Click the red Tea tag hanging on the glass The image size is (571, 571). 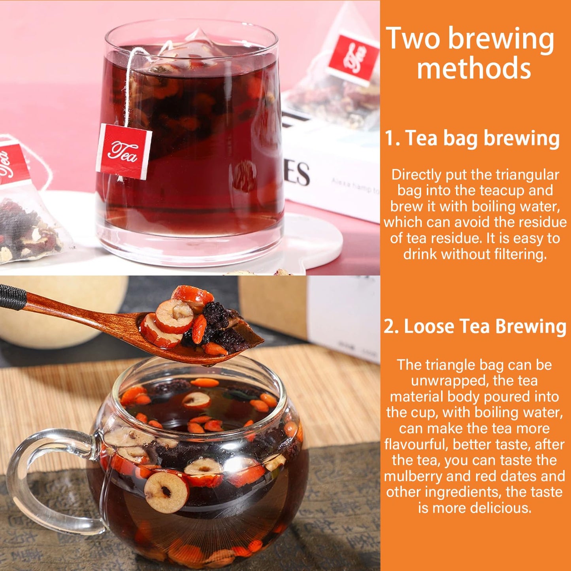point(124,151)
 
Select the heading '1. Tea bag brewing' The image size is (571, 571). point(472,138)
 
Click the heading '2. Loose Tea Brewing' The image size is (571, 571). point(475,327)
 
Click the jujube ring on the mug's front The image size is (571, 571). point(166,492)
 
